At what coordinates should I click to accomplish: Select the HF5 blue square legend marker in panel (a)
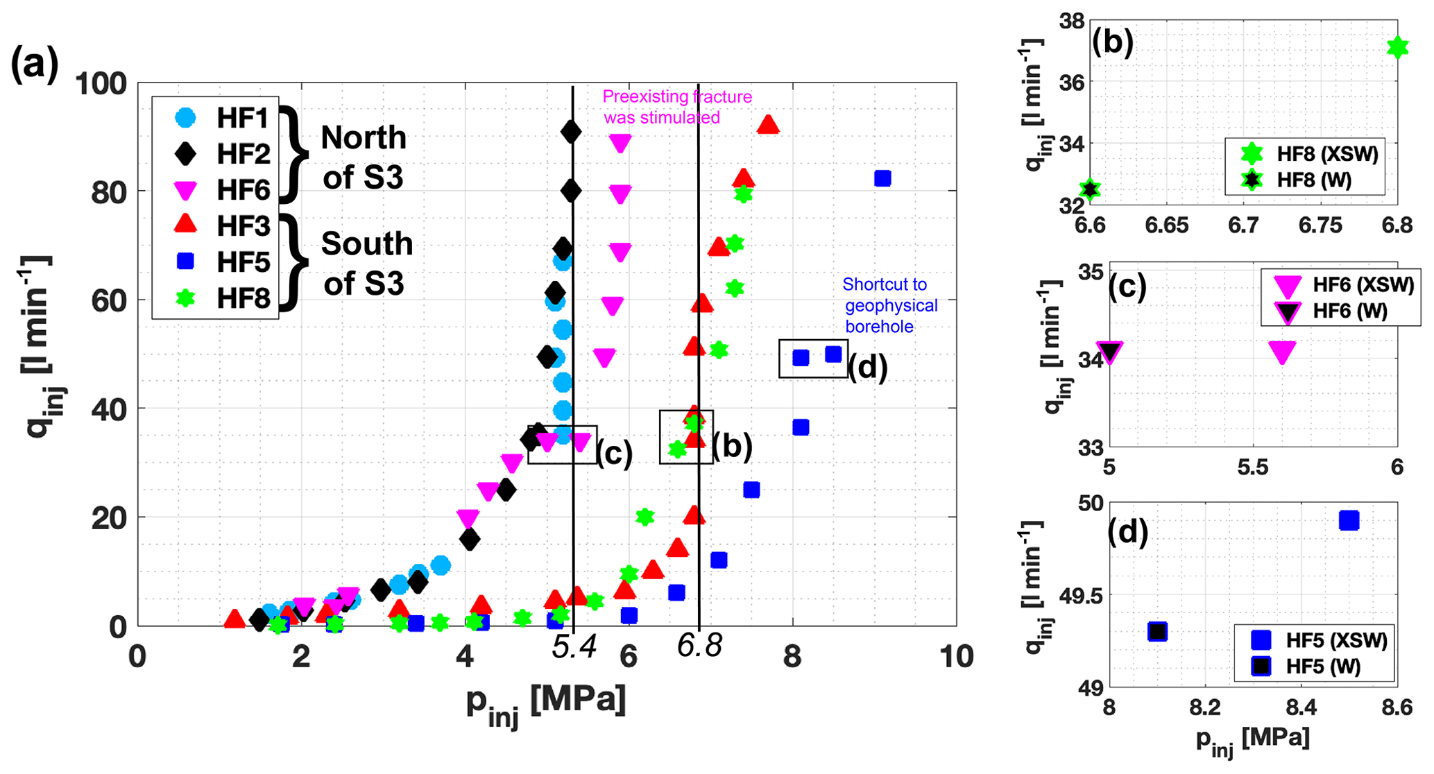tap(185, 261)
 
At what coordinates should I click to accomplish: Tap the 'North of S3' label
tap(364, 157)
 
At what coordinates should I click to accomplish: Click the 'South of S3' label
tap(367, 264)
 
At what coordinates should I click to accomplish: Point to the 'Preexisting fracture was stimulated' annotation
tap(676, 107)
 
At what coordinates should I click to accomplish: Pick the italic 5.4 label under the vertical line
tap(574, 647)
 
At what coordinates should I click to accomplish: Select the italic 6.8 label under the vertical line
tap(699, 647)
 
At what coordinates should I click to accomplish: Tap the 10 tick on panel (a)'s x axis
tap(957, 657)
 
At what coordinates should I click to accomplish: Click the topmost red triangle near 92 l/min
tap(768, 125)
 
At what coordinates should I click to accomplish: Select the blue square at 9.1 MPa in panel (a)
tap(882, 178)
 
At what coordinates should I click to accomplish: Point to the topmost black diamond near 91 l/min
tap(571, 132)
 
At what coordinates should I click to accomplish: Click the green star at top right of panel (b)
tap(1397, 47)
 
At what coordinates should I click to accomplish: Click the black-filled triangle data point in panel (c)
tap(1110, 352)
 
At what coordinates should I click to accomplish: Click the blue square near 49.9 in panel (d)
tap(1349, 520)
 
